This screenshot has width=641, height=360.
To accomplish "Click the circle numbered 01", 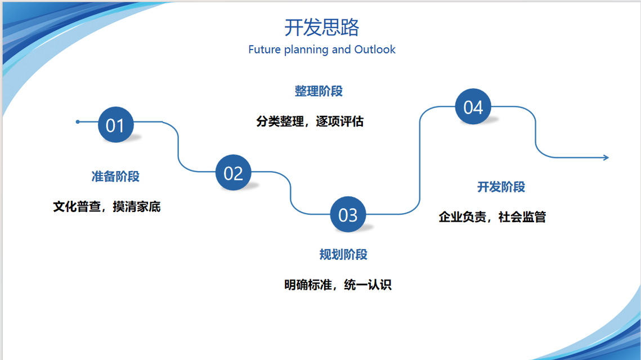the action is point(116,125).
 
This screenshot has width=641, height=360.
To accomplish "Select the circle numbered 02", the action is point(234,173).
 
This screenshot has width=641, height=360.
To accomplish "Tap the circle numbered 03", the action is point(348,214).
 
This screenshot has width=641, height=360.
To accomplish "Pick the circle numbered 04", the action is point(473,107).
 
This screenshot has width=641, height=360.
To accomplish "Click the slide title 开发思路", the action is point(322,28).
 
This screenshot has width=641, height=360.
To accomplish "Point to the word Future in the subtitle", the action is point(265,49).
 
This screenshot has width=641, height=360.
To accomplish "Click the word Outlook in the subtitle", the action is point(375,49).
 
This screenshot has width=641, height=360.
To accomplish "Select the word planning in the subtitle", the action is point(306,50).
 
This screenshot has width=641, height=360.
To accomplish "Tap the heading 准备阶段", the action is point(115,177).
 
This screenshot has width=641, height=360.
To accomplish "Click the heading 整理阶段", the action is point(319,91).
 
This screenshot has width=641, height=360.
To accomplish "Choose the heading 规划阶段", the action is point(343,255).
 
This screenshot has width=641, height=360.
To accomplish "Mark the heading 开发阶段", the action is point(501,187).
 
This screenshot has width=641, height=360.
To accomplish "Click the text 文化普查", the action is point(77,207).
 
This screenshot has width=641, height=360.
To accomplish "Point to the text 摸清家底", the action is point(137,207).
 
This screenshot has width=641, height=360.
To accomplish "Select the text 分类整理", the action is point(280,121).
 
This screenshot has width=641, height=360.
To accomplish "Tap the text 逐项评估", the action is point(340,121).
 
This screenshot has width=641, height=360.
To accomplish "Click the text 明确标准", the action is point(308,285).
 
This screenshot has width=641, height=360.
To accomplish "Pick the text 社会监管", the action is point(522,217).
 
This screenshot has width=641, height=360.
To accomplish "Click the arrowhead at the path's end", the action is point(606,157).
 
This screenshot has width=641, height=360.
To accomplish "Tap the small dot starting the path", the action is point(78,121).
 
